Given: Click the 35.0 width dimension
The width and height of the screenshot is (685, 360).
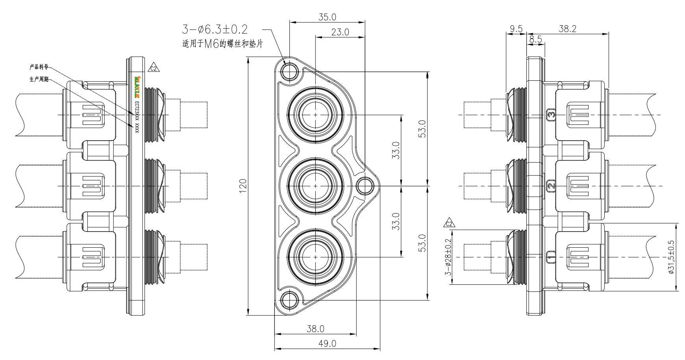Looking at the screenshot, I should point(327,17).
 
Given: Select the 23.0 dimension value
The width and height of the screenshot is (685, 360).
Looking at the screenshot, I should point(340,33).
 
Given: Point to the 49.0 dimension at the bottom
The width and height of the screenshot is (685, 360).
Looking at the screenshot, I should point(327,343).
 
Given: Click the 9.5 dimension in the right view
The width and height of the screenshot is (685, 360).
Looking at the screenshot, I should point(516,28).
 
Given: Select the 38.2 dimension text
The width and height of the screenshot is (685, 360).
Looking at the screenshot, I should point(567,28).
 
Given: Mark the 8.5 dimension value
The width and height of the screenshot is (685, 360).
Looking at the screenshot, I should point(535,39).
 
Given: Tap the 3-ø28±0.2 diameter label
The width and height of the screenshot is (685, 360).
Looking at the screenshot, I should point(448,257).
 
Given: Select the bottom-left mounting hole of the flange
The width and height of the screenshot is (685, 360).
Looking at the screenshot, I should point(291,299).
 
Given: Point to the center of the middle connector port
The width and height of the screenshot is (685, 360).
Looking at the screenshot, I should point(316,186).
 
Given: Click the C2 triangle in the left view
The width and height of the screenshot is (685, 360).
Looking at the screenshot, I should point(153,68).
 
